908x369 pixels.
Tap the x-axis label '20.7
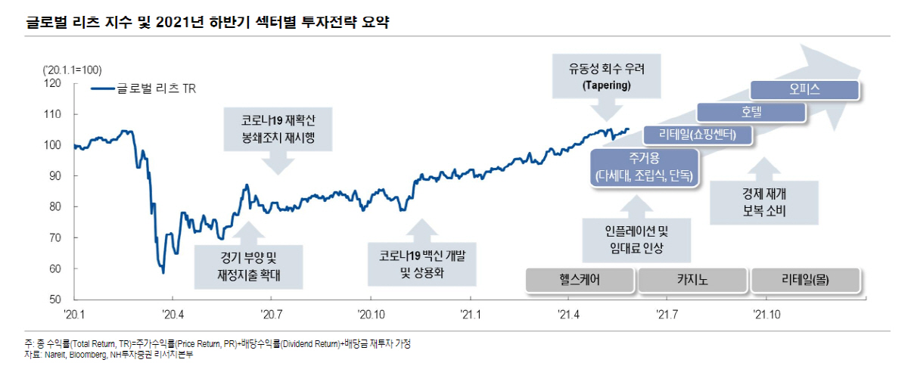coord(272,313)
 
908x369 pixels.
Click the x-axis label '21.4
coord(567,313)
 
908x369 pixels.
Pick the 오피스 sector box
coord(804,90)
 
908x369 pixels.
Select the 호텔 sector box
coord(751,112)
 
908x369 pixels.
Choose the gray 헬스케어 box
coord(580,280)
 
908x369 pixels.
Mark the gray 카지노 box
coord(692,280)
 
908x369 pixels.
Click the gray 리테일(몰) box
coord(804,280)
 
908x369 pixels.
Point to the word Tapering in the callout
coord(606,86)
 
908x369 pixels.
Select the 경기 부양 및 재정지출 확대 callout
coord(248,266)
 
